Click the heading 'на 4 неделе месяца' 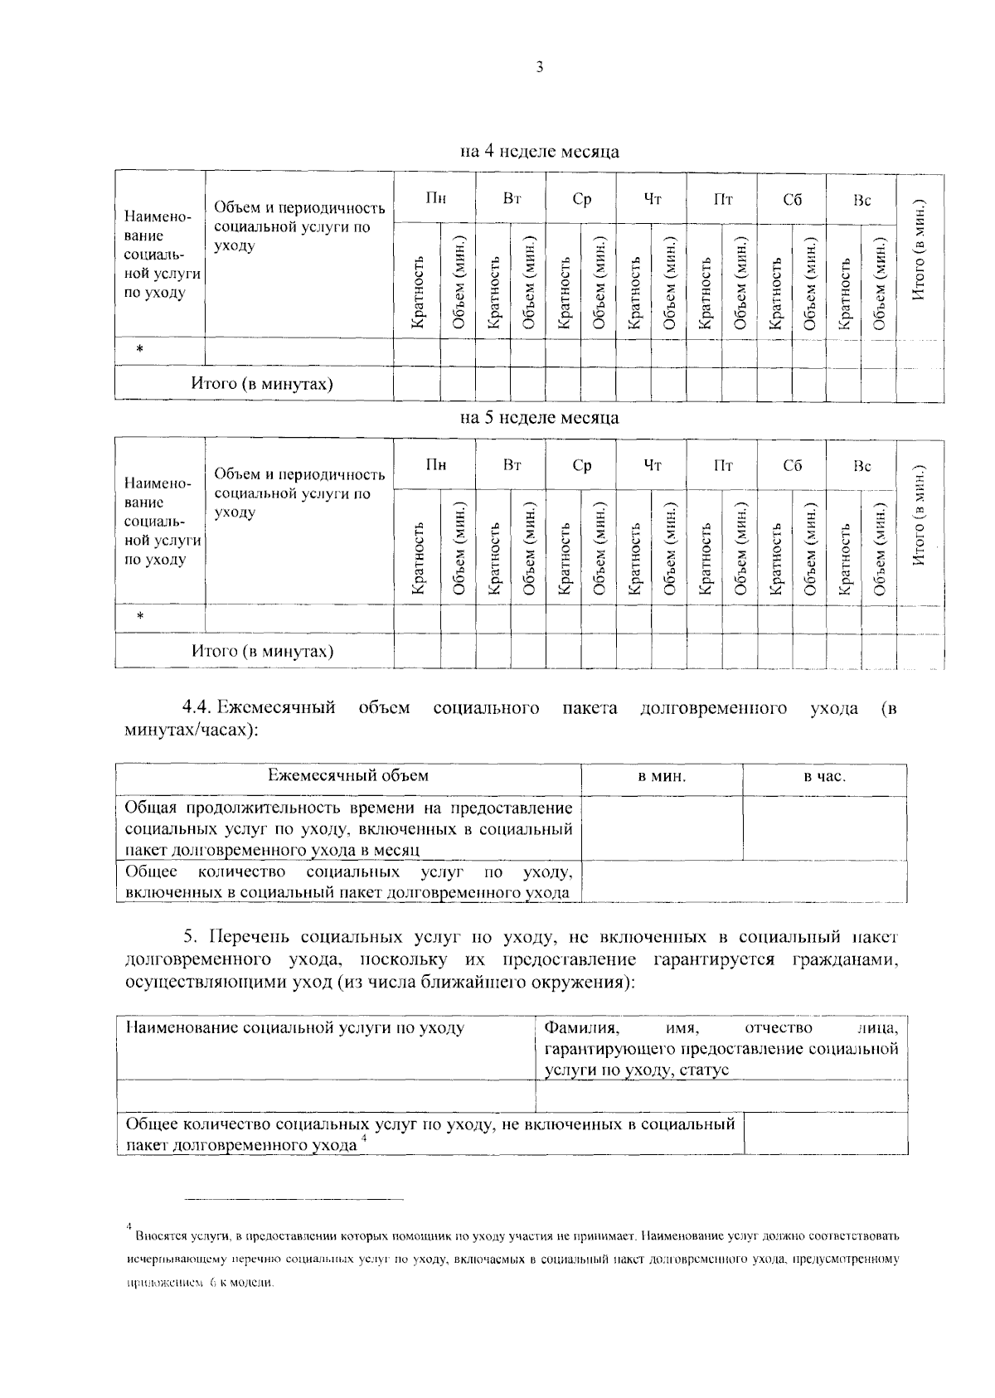pyautogui.click(x=540, y=152)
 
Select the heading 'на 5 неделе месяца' pyautogui.click(x=540, y=418)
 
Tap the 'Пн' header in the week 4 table pyautogui.click(x=436, y=199)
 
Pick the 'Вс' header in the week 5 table pyautogui.click(x=863, y=465)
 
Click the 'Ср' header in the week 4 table pyautogui.click(x=582, y=199)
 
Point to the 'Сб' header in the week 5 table pyautogui.click(x=793, y=465)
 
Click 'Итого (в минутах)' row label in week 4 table pyautogui.click(x=262, y=384)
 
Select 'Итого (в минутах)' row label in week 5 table pyautogui.click(x=262, y=651)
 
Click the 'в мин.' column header pyautogui.click(x=662, y=777)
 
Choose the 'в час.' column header pyautogui.click(x=824, y=777)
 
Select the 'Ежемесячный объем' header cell pyautogui.click(x=348, y=775)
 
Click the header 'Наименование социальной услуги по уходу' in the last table pyautogui.click(x=295, y=1028)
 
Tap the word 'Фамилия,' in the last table pyautogui.click(x=581, y=1028)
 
